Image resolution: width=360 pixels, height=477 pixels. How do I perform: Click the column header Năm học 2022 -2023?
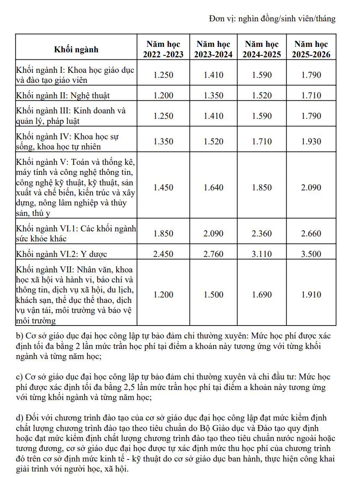[x=163, y=49]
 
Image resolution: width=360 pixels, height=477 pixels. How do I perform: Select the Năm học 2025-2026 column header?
[x=311, y=49]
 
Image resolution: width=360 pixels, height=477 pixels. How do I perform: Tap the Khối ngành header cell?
[x=76, y=49]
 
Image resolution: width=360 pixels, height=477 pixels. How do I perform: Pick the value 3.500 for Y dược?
[x=311, y=254]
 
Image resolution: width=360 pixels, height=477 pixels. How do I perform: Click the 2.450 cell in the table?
[x=163, y=254]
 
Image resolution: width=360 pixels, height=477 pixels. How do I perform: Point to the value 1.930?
[x=311, y=142]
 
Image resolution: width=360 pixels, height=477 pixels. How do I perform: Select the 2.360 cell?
[x=262, y=233]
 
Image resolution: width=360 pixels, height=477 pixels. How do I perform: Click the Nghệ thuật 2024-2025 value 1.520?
[x=262, y=95]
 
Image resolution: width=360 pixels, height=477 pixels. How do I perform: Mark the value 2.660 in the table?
[x=311, y=233]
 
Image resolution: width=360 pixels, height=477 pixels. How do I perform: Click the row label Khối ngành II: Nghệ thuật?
[x=63, y=95]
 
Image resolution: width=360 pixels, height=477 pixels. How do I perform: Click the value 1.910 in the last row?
[x=311, y=295]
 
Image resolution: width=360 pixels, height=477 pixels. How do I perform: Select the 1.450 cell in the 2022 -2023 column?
[x=163, y=187]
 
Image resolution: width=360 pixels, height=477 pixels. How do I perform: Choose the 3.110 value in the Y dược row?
[x=262, y=254]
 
